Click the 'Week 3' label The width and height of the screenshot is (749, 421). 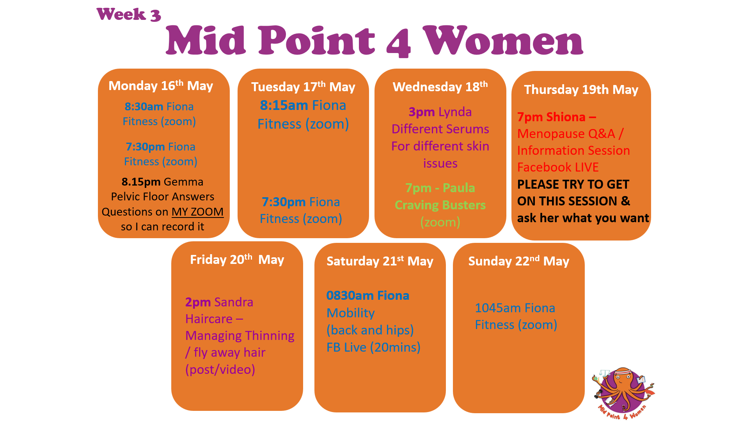(x=129, y=15)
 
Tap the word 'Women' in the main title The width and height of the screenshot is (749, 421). (x=503, y=41)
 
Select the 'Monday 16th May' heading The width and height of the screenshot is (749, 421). (x=161, y=85)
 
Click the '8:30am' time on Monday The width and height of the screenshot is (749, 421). (x=144, y=106)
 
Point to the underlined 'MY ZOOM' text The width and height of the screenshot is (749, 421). (x=198, y=212)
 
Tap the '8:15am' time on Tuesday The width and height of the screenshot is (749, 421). (x=284, y=105)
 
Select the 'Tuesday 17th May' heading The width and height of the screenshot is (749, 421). (x=303, y=87)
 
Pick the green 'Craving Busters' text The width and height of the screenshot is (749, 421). (x=440, y=205)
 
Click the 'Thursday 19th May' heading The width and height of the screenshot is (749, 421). (x=581, y=90)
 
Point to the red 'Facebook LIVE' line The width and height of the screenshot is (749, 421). (x=558, y=167)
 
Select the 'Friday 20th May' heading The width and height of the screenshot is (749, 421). (x=237, y=260)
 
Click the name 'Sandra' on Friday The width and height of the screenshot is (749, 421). (x=234, y=302)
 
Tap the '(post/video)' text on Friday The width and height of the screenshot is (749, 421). (x=220, y=370)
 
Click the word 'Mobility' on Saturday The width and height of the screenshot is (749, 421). (x=350, y=313)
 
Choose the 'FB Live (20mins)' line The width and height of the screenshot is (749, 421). (x=373, y=347)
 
